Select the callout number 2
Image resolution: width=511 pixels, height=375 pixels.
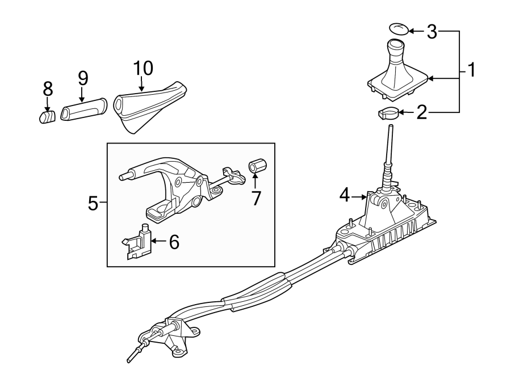point(421,112)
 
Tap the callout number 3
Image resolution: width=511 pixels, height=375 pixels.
point(432,32)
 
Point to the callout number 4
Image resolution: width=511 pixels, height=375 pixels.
point(344,196)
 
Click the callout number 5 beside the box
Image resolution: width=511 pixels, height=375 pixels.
point(94,203)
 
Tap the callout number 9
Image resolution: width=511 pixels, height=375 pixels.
point(83,78)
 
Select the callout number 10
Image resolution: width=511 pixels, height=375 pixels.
point(143,68)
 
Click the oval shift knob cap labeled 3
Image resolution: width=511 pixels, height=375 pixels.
point(398,28)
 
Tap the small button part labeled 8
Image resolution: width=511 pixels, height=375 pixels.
point(47,116)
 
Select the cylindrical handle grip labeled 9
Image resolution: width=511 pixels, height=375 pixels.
point(83,110)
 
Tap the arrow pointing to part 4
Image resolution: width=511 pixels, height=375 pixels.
point(359,197)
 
